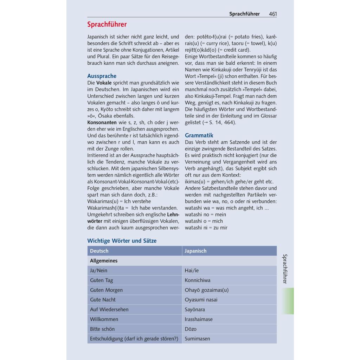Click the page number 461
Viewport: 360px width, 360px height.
tap(273, 14)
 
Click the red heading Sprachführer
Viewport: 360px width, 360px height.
tap(107, 25)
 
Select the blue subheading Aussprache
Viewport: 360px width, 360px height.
tap(102, 76)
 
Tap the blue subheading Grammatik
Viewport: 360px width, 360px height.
tap(199, 135)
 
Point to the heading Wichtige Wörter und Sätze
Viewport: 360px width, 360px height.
tap(122, 241)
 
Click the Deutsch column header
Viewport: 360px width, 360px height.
tap(99, 251)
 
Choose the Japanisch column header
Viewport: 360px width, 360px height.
tap(195, 251)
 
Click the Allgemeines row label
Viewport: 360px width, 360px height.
tap(104, 261)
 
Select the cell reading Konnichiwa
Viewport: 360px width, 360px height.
tap(198, 281)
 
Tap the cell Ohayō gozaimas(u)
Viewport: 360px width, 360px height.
tap(207, 290)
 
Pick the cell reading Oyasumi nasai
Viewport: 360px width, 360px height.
tap(201, 300)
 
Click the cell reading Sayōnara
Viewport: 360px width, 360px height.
tap(195, 310)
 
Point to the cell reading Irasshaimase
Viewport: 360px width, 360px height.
tap(199, 320)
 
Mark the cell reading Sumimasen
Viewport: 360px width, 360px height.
tap(197, 339)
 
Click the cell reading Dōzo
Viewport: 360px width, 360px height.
tap(191, 329)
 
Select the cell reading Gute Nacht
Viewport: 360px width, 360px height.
tap(103, 300)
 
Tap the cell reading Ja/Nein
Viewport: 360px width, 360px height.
tap(98, 271)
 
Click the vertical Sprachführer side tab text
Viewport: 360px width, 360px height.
tap(285, 269)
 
